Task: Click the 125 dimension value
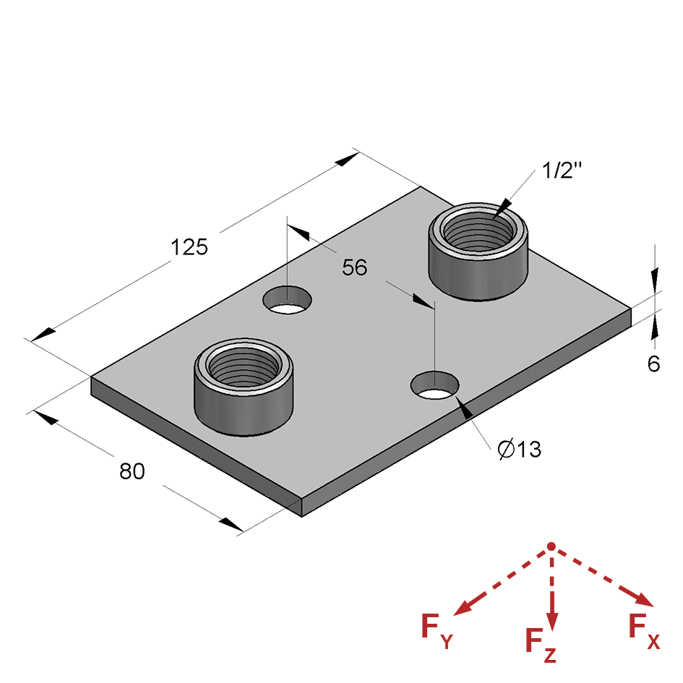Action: coord(189,247)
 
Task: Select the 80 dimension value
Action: coord(132,471)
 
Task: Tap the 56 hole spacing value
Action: coord(355,267)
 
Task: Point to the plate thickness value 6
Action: coord(653,364)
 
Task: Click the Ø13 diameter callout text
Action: coord(520,450)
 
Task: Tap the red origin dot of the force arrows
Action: coord(551,546)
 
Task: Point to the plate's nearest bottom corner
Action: coord(301,515)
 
